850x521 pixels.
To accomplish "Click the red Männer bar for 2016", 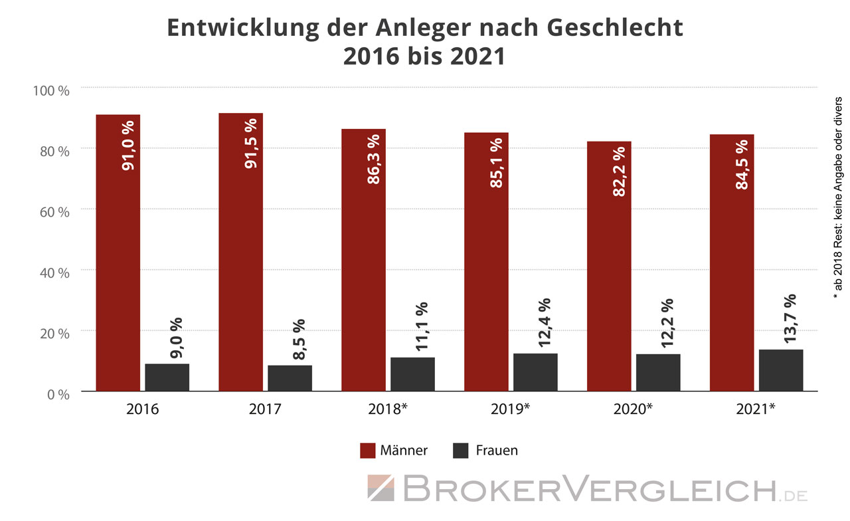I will coord(118,253).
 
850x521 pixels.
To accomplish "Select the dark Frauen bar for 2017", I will coord(290,378).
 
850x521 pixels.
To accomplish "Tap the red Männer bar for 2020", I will coord(609,266).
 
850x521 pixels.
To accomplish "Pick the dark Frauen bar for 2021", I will coord(781,370).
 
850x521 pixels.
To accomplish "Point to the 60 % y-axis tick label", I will coord(54,212).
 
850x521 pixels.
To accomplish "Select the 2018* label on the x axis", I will coord(388,409).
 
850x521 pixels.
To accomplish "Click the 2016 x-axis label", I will coord(142,409).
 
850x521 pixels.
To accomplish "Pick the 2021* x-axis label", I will coord(756,409).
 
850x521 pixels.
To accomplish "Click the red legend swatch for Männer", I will coord(368,451).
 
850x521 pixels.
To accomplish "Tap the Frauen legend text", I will coord(497,451).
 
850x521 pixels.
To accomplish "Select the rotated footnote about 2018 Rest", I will coord(838,193).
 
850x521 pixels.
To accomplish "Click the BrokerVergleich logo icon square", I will coord(381,488).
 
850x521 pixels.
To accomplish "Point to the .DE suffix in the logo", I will coord(794,494).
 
